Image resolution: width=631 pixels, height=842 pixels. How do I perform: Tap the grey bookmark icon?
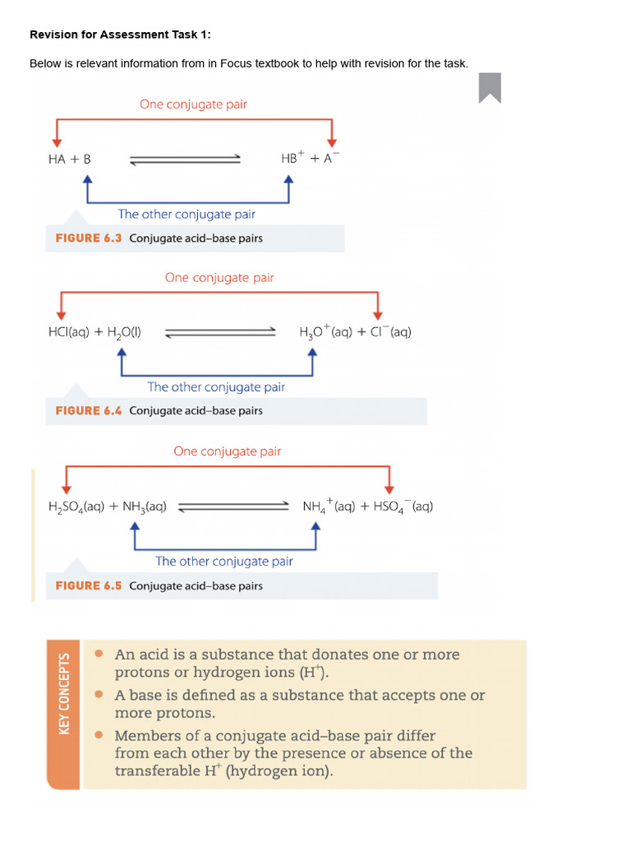(x=490, y=87)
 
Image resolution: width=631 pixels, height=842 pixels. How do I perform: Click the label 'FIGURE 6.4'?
(x=88, y=410)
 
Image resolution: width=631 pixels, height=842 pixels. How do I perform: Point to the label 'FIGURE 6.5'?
(x=88, y=585)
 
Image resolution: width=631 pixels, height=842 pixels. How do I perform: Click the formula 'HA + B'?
(x=69, y=159)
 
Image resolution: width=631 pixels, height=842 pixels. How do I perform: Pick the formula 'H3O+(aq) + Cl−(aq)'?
(x=355, y=332)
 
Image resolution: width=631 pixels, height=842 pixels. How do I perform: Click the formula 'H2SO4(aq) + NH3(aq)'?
(x=107, y=507)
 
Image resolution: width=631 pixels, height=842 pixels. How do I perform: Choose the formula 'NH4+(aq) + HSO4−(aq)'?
(x=367, y=507)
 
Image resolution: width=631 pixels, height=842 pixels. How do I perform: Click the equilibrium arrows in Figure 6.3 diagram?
(x=185, y=160)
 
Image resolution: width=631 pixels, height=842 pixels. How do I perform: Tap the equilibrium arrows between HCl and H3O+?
(x=220, y=332)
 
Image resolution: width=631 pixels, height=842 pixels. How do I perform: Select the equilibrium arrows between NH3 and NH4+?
(x=234, y=507)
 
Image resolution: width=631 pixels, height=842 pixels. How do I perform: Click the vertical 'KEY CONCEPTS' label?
(x=65, y=693)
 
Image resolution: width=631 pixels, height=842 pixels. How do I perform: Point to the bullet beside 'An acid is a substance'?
(x=99, y=655)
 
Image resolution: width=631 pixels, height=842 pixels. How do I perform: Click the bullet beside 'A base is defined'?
(x=99, y=695)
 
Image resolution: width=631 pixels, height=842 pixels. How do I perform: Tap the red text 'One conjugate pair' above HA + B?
(x=193, y=104)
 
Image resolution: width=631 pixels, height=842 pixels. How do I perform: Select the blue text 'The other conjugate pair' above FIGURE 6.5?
(x=224, y=561)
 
